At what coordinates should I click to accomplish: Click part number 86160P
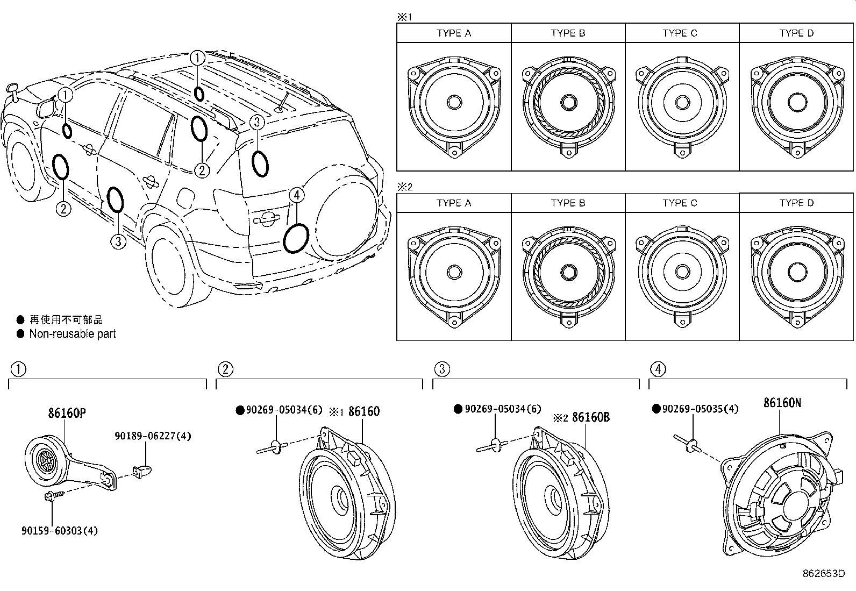coord(67,413)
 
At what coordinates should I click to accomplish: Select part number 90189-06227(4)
coord(153,437)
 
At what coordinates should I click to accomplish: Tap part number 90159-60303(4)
coord(60,531)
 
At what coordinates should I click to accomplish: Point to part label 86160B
coord(590,417)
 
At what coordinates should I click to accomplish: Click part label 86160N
coord(782,403)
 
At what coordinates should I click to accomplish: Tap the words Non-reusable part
coord(73,334)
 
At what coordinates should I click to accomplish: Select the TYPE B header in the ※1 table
coord(568,33)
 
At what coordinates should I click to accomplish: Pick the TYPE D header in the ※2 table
coord(796,203)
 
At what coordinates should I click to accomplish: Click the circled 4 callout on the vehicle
coord(297,195)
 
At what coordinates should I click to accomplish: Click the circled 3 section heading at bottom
coord(442,369)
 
